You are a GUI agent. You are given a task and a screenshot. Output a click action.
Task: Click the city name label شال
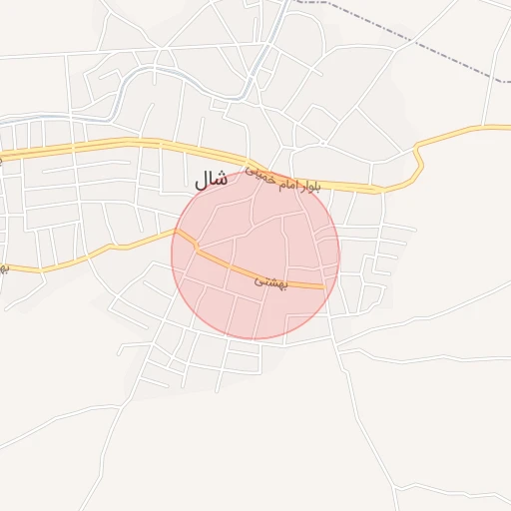[x=210, y=181]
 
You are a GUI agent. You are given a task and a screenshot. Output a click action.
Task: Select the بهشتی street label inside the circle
[x=270, y=282]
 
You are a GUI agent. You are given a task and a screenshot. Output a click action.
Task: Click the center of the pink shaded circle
[x=255, y=255]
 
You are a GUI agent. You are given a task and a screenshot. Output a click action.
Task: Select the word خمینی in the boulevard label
[x=258, y=175]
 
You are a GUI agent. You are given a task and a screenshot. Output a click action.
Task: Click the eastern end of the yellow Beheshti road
[x=322, y=286]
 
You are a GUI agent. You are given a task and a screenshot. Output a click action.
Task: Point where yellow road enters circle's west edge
[x=177, y=234]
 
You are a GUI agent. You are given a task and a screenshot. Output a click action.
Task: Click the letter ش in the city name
[x=217, y=181]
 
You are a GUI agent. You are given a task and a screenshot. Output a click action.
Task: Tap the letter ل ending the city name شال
[x=197, y=181]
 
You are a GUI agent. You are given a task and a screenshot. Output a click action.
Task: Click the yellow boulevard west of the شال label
[x=120, y=146]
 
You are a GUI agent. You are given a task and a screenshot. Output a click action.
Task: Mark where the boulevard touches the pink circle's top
[x=261, y=172]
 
